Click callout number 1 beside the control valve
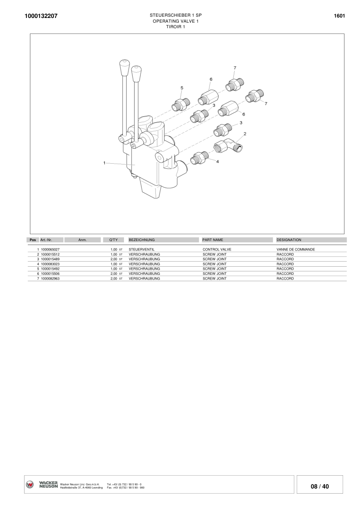pos(104,162)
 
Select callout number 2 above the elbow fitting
pos(245,134)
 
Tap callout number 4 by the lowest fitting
pos(218,162)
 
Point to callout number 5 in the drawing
pos(182,88)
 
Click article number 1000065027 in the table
pos(50,249)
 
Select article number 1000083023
pos(50,264)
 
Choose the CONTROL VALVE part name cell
pos(217,249)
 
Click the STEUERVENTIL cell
pos(142,249)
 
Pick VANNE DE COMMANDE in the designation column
pos(296,249)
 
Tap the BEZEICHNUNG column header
pos(142,240)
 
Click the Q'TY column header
pos(113,240)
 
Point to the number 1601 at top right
pos(339,16)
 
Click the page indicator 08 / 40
pos(320,486)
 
